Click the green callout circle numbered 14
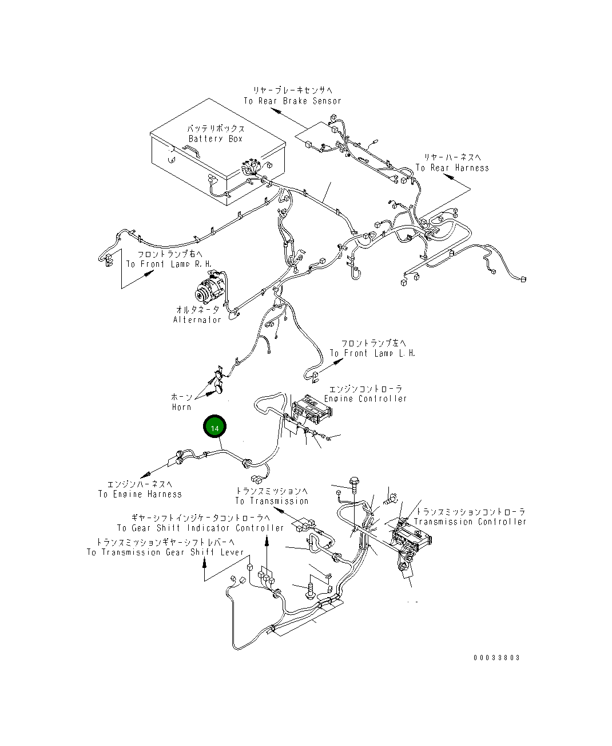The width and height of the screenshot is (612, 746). (x=214, y=426)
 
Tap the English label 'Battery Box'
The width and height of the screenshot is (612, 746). (x=216, y=139)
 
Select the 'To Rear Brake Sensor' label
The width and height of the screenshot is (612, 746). (x=293, y=101)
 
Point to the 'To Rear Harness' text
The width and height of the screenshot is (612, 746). (x=452, y=168)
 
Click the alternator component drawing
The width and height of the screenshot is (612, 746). (x=210, y=290)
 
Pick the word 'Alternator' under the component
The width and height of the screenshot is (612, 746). (x=197, y=319)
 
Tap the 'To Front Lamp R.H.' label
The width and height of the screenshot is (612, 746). (x=169, y=264)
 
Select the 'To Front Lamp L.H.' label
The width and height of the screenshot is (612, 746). (x=372, y=353)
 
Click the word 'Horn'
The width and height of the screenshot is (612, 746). (x=182, y=407)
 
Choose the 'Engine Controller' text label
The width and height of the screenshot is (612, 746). (x=365, y=398)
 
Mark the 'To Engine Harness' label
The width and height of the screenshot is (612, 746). (x=140, y=494)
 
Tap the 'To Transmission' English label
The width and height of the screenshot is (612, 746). (x=272, y=501)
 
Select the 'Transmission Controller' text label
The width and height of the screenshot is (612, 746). (x=470, y=522)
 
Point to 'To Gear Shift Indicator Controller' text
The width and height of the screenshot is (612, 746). (x=201, y=528)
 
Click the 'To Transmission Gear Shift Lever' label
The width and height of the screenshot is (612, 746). (x=165, y=552)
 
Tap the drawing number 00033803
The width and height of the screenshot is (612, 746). (x=496, y=658)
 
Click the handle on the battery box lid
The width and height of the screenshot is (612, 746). (x=191, y=151)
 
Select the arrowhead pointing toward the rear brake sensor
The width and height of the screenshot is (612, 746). (x=276, y=110)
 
